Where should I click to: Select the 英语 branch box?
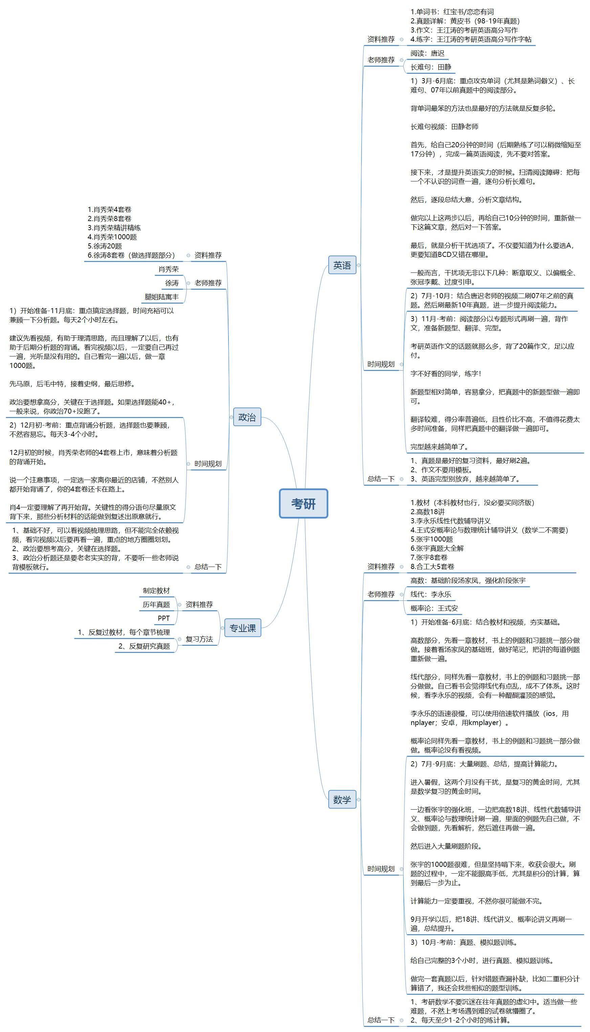coord(342,265)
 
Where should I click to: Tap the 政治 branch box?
coord(247,417)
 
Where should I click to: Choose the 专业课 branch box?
coord(242,628)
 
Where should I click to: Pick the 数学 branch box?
coord(342,799)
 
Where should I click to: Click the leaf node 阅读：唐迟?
coord(427,53)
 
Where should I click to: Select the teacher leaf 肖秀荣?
coord(168,269)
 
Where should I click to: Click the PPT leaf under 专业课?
coord(164,618)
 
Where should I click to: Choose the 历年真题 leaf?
coord(156,605)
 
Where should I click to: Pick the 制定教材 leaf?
coord(156,591)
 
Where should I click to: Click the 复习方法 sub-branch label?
coord(199,639)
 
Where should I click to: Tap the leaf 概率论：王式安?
coord(434,608)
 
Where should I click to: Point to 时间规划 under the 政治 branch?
coord(208,463)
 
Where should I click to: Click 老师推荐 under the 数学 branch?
coord(381,594)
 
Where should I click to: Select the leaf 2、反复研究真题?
coord(144,646)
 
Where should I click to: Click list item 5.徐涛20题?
coord(105,246)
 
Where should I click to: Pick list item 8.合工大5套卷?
coord(432,567)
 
